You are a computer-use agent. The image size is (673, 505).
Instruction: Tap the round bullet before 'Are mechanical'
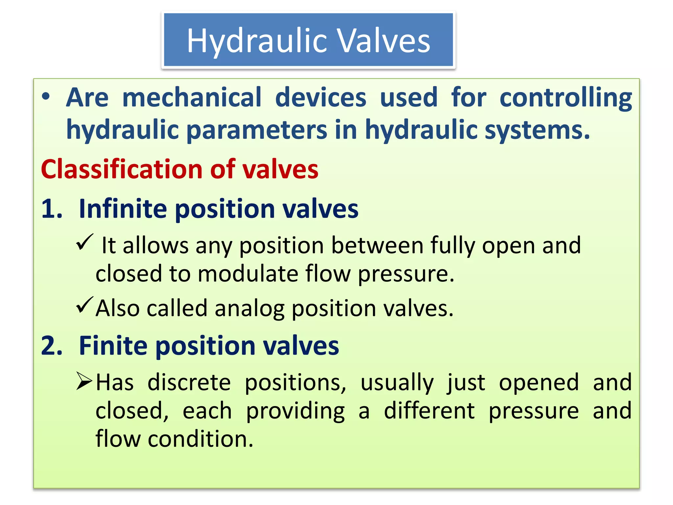tap(46, 97)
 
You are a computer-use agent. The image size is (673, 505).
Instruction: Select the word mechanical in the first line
tap(192, 97)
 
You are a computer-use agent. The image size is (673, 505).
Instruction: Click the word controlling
tap(566, 98)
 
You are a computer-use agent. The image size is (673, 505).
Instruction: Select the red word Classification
tap(122, 169)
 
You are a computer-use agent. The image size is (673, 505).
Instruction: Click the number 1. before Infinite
tap(52, 209)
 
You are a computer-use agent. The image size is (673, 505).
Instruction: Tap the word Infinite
tap(123, 209)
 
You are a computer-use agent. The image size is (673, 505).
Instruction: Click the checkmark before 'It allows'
tap(85, 243)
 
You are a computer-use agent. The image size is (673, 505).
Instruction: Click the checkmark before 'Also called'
tap(85, 305)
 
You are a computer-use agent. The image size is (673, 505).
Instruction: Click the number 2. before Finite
tap(52, 346)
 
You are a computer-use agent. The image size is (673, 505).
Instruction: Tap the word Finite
tap(113, 346)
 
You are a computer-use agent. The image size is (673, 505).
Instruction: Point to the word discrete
tap(189, 382)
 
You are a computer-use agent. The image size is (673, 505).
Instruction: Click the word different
tap(429, 411)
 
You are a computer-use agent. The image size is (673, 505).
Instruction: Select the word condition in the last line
tap(200, 439)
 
